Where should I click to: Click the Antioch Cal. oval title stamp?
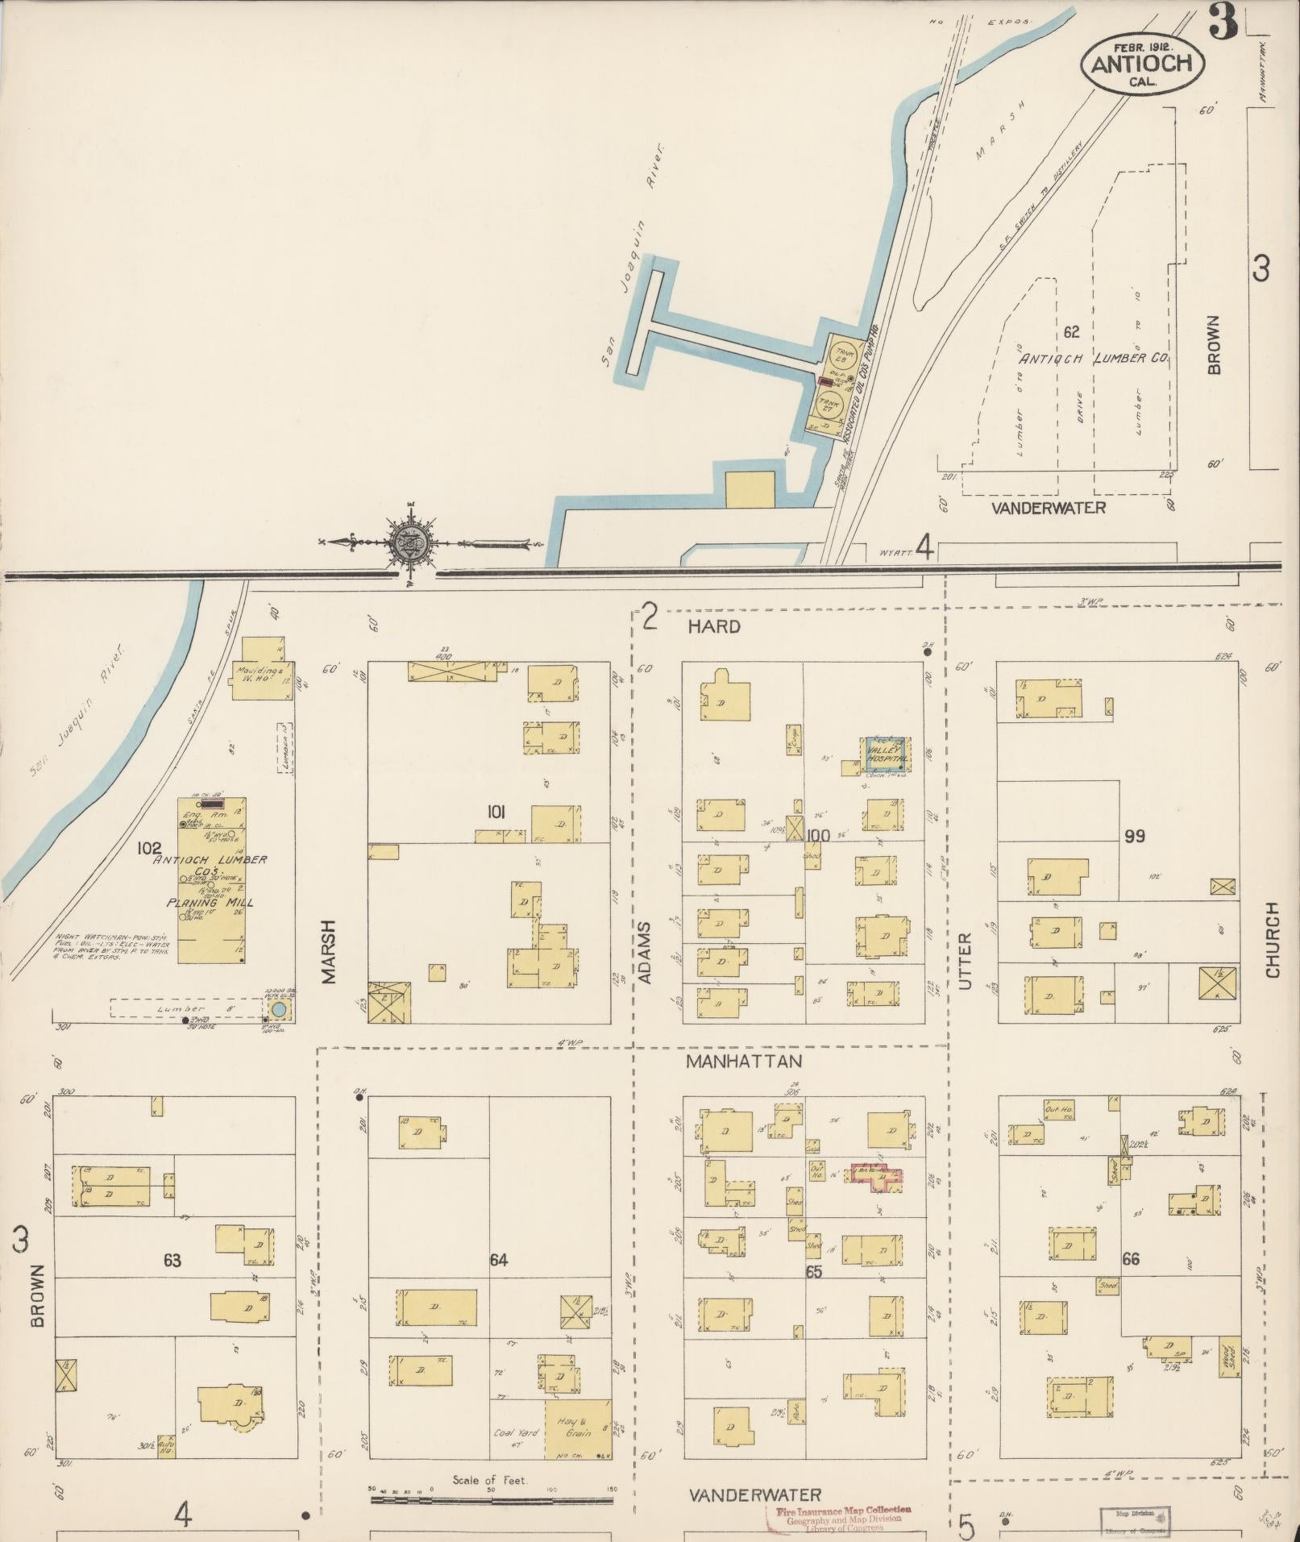[1142, 62]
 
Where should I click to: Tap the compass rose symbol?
[412, 544]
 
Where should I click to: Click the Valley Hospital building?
[887, 754]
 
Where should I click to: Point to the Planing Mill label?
[209, 903]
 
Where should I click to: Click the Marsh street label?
[329, 951]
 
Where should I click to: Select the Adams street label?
[644, 951]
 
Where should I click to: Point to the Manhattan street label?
[744, 1062]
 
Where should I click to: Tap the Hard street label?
[714, 626]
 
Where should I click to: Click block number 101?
[495, 813]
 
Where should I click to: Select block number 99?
[1134, 836]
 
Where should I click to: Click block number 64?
[499, 1259]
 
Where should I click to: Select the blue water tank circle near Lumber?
[278, 1009]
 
